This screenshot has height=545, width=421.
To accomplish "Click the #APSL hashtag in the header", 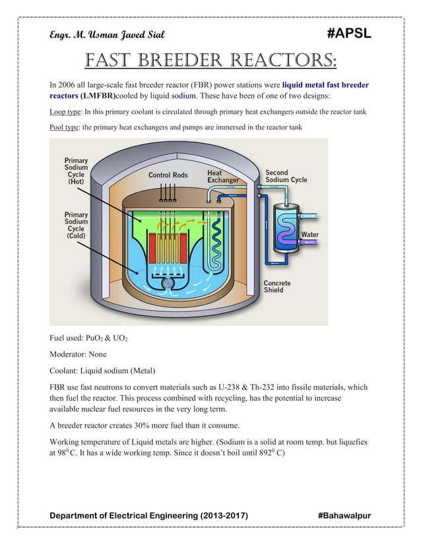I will [348, 34].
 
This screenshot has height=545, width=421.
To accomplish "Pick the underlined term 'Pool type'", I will [63, 127].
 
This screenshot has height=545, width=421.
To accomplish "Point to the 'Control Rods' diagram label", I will [168, 176].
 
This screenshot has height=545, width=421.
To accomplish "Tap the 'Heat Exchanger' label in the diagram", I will [223, 176].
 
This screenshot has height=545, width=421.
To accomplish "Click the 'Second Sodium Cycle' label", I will [286, 176].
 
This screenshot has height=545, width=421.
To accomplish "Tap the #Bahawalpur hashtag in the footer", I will [344, 515].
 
